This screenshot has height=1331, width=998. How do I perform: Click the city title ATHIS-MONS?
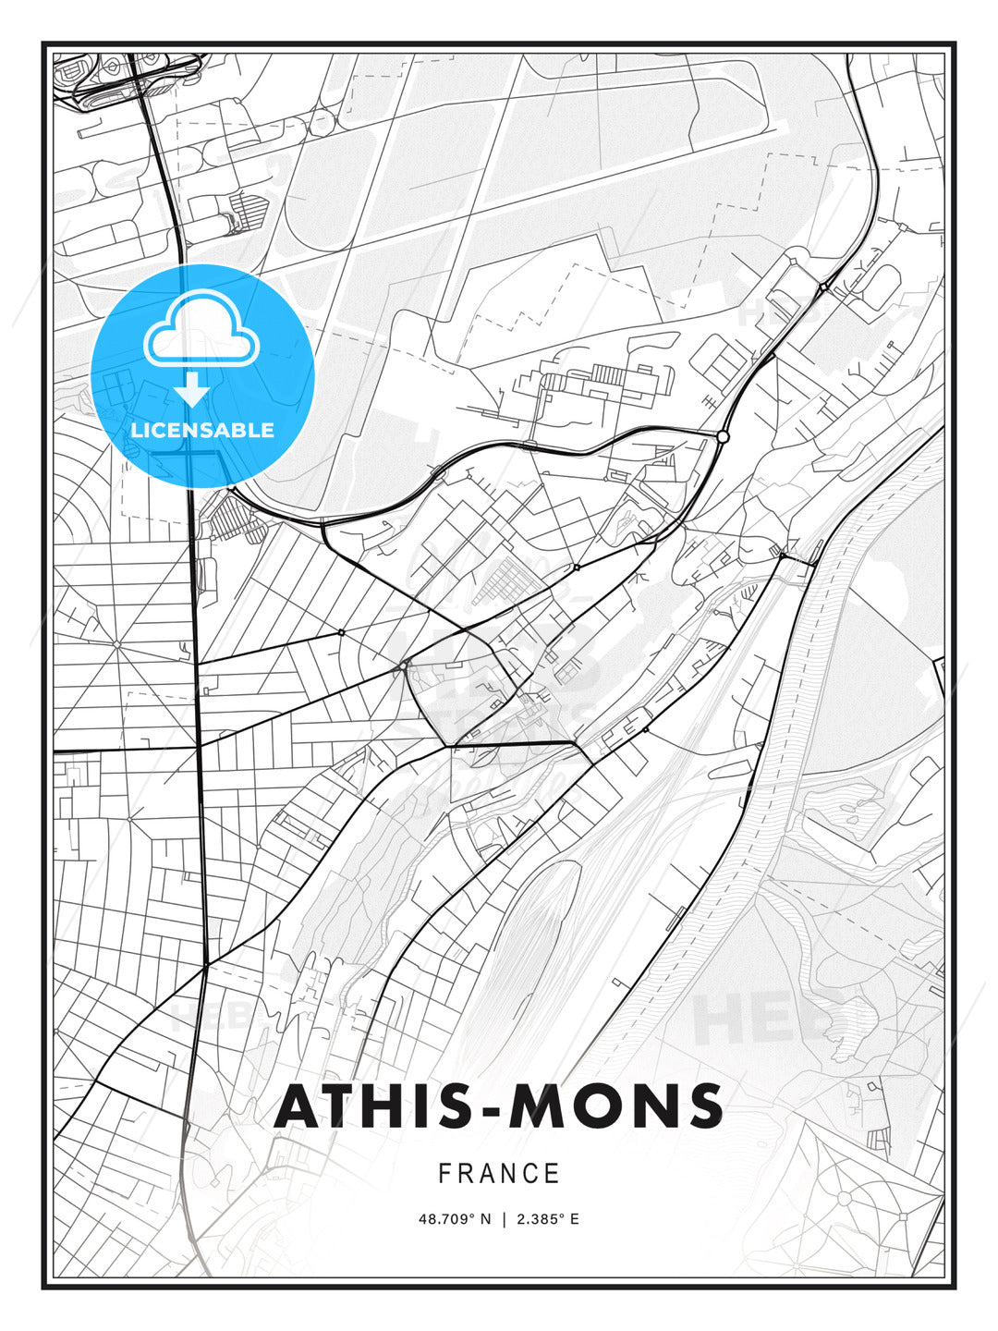point(498,1105)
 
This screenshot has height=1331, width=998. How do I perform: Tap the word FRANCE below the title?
point(499,1174)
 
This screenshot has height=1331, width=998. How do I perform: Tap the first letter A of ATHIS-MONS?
point(299,1105)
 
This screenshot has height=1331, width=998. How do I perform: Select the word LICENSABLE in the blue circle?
point(202,430)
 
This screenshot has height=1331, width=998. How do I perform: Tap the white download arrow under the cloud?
point(193,389)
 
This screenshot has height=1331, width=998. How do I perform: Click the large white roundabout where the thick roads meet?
point(723,435)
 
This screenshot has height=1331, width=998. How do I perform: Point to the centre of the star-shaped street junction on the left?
point(117,642)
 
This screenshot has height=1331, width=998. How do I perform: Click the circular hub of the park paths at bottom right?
point(843,1198)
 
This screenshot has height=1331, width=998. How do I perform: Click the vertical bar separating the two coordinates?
point(504,1219)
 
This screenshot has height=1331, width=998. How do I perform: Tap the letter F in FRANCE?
point(445,1174)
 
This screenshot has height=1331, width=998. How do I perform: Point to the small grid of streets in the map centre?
point(508,583)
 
